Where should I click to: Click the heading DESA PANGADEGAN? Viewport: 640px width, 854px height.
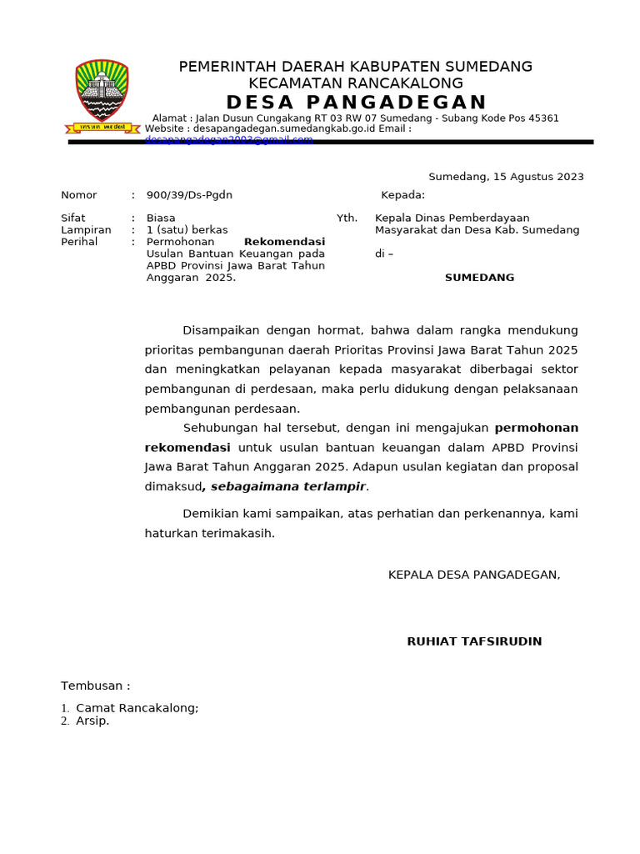point(356,103)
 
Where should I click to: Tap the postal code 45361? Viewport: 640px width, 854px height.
point(542,118)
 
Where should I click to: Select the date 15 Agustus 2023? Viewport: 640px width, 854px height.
point(538,177)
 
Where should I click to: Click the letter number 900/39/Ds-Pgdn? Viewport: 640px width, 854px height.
point(189,195)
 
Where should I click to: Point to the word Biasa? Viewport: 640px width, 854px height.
point(161,218)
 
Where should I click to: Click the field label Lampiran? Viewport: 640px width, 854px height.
point(86,229)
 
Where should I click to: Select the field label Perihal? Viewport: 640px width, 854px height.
point(79,242)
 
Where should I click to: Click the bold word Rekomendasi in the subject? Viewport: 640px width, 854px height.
point(284,242)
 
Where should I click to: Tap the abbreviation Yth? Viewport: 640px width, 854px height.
point(347,218)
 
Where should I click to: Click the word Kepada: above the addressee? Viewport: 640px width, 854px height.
point(402,195)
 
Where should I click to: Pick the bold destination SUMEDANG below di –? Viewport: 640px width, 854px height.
point(479,278)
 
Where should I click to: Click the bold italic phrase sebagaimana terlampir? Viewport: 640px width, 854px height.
point(287,486)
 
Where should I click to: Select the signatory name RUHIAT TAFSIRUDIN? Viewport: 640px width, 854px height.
point(474,641)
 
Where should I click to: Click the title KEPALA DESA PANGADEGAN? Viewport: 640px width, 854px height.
point(474,575)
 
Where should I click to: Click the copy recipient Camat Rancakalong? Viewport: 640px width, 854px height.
point(137,708)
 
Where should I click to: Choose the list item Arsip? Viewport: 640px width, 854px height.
point(92,721)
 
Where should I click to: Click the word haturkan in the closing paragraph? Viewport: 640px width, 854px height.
point(172,533)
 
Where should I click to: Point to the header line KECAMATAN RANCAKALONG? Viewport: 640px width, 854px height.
point(356,83)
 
